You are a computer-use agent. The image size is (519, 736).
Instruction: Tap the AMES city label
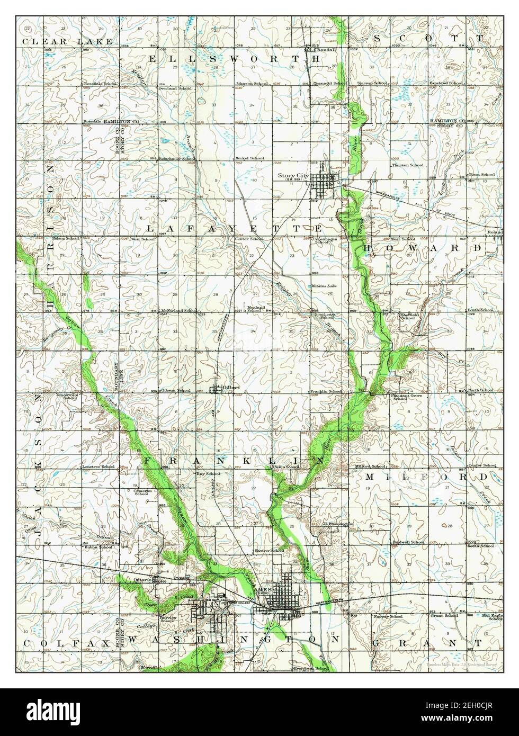point(262,589)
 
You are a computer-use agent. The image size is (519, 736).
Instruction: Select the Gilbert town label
point(231,387)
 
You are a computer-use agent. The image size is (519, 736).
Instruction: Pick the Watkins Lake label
point(324,286)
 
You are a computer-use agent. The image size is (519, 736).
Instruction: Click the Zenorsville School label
point(67,397)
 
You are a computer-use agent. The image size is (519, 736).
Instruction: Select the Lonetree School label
point(99,466)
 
